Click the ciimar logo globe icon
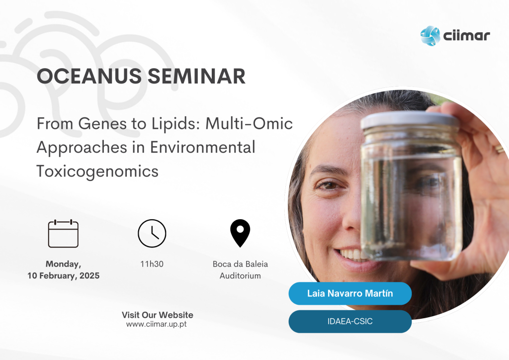coord(430,36)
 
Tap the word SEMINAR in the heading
coord(196,76)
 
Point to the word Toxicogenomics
coord(97,172)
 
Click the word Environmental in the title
coord(203,147)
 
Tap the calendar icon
coord(63,233)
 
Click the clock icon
coord(152,233)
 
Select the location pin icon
coord(240,233)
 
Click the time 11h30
coord(152,264)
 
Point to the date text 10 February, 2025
coord(63,275)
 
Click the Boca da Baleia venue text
coord(240,264)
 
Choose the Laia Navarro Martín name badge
coord(350,293)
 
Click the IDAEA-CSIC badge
coord(350,321)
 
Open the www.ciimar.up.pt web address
coord(157,324)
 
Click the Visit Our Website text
coord(158,315)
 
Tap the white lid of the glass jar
coord(410,120)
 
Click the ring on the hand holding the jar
coord(499,149)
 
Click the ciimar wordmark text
coord(467,35)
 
